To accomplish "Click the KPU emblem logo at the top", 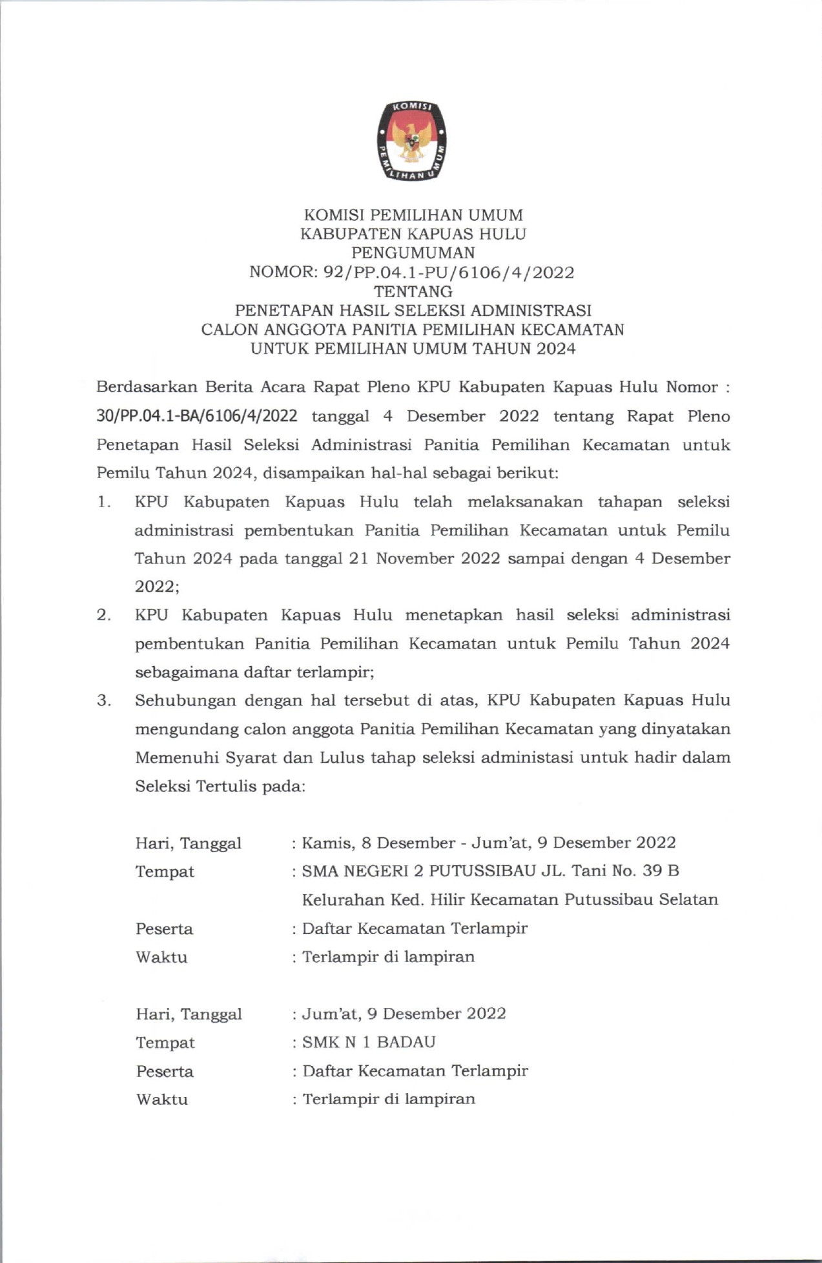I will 413,141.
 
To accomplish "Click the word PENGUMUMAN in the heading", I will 413,253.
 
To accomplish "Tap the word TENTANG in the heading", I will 413,291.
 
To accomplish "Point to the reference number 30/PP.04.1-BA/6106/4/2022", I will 196,416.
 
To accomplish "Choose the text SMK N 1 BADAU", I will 369,1042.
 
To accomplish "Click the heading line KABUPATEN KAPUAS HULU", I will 413,234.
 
